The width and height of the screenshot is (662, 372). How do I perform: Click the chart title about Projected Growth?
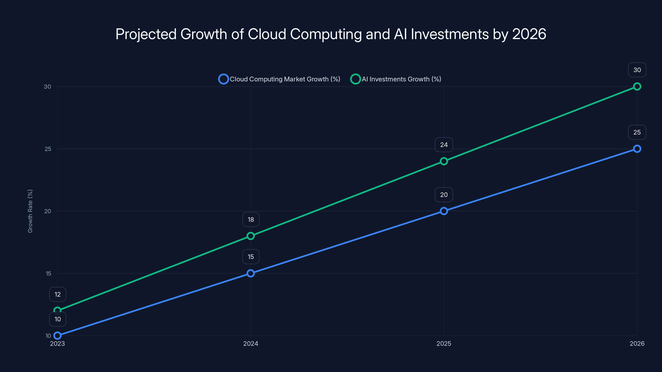[331, 34]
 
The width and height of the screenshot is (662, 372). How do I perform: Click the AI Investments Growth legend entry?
[396, 79]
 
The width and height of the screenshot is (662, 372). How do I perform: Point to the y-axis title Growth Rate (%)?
[30, 211]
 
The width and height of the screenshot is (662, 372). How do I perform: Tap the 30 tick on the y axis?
[47, 87]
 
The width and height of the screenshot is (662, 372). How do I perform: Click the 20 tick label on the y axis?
[48, 211]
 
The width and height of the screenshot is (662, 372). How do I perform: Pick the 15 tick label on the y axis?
[48, 273]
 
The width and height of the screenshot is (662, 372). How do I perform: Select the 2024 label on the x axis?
[251, 343]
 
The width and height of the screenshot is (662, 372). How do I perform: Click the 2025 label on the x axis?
[444, 343]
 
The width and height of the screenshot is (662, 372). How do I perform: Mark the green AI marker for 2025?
[444, 161]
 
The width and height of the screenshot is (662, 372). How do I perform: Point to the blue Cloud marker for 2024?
[251, 273]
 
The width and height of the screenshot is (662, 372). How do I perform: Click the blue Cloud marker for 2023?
[58, 336]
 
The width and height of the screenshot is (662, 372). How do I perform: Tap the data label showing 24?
[444, 145]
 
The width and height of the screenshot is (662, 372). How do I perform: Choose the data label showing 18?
[251, 219]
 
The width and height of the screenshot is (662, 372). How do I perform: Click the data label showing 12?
[58, 294]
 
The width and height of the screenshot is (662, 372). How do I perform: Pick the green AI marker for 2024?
[251, 236]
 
